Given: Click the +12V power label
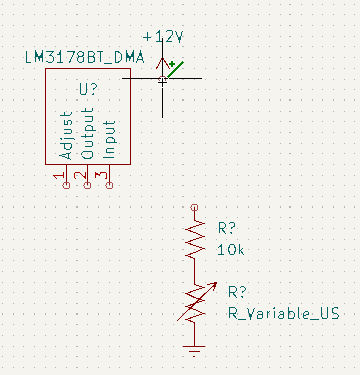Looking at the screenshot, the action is coord(163,37).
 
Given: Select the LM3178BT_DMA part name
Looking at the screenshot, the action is coord(85,57).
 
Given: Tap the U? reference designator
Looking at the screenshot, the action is coord(89,89).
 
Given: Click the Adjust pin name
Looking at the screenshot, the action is coord(66,136).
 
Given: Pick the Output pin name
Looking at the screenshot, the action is coord(87,133).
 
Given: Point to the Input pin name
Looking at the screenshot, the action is coord(109,139).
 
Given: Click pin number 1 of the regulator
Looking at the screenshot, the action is coord(59,176).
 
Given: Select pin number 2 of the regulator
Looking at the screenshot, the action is coord(80,175).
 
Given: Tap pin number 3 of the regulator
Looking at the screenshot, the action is coord(101,175).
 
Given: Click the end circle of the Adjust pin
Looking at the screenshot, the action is coord(66,185).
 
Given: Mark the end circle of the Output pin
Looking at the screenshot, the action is coord(87,185).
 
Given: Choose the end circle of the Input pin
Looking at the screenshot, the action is coord(109,185).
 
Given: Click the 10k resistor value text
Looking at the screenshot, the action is coord(231,250).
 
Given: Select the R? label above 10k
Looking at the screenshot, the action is coord(227,228).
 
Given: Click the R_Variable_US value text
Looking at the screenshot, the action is coord(284,314).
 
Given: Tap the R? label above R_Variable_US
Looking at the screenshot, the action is coord(237,292).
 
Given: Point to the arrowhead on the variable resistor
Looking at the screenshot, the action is coord(214,285).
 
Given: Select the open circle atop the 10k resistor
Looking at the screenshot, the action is coord(194,208).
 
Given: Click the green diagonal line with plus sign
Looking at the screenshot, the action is coord(175,69).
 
